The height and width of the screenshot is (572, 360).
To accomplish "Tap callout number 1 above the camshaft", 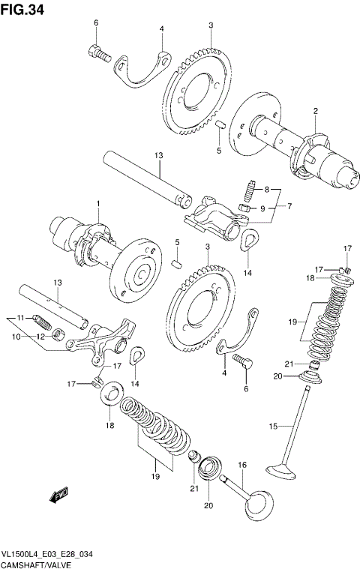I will tap(97, 204).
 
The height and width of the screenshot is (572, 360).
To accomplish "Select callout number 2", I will tap(316, 112).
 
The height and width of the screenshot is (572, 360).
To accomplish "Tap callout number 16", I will tap(241, 466).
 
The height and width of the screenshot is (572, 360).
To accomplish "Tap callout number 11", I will tap(22, 317).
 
